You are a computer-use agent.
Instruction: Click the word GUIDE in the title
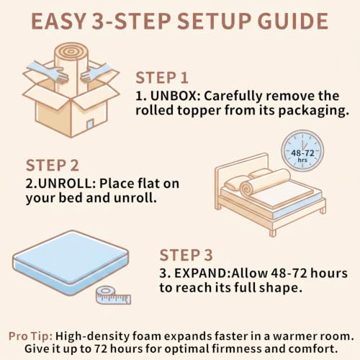(x=293, y=22)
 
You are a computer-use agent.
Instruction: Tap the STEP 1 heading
(x=162, y=78)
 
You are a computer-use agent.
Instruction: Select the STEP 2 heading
(x=53, y=166)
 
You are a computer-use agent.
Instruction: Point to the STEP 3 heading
(x=186, y=255)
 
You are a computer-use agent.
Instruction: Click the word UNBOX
(x=177, y=96)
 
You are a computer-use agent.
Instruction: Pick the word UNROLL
(x=66, y=184)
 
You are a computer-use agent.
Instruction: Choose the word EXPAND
(x=202, y=274)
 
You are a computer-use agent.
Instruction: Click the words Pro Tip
(x=31, y=336)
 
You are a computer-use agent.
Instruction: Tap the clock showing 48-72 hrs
(x=302, y=151)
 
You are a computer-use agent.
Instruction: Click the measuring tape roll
(x=113, y=296)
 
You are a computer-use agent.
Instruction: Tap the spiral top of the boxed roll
(x=70, y=51)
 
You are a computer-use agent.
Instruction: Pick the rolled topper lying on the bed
(x=265, y=181)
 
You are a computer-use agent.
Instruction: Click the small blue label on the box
(x=90, y=125)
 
